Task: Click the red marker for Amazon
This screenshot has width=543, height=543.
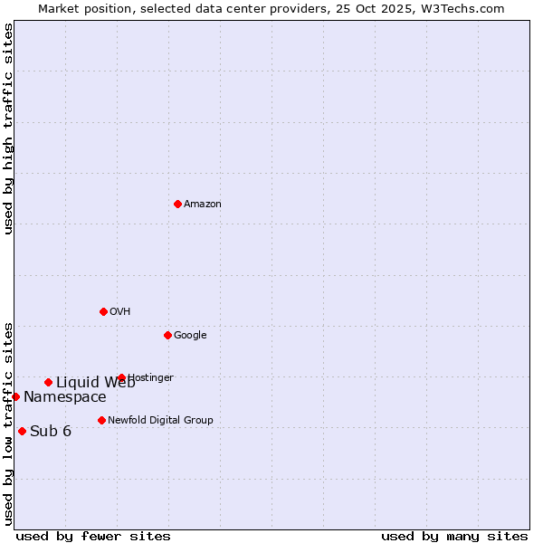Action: point(177,204)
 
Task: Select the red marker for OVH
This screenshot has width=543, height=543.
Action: point(103,311)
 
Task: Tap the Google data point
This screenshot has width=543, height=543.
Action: point(167,335)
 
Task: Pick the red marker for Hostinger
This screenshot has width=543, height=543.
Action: point(121,377)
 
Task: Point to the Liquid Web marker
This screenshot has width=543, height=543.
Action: point(48,382)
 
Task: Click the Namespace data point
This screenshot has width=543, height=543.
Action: point(15,396)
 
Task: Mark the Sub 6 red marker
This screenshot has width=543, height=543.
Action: point(22,431)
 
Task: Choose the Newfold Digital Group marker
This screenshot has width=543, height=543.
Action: point(101,420)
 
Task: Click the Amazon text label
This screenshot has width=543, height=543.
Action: point(203,205)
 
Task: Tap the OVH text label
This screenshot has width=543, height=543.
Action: point(120,312)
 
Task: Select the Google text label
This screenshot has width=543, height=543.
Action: point(190,336)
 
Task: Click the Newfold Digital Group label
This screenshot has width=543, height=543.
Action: point(160,421)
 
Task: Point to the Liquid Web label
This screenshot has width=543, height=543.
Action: point(95,382)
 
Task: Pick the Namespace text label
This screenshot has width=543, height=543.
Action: point(64,397)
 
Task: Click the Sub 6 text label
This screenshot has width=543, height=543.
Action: point(51,432)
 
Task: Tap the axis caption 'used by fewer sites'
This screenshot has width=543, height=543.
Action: point(93,536)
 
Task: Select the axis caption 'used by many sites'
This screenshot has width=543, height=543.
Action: point(454,536)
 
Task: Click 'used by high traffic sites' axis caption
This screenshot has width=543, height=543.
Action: point(8,129)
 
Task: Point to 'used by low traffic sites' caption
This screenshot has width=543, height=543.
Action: point(8,423)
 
